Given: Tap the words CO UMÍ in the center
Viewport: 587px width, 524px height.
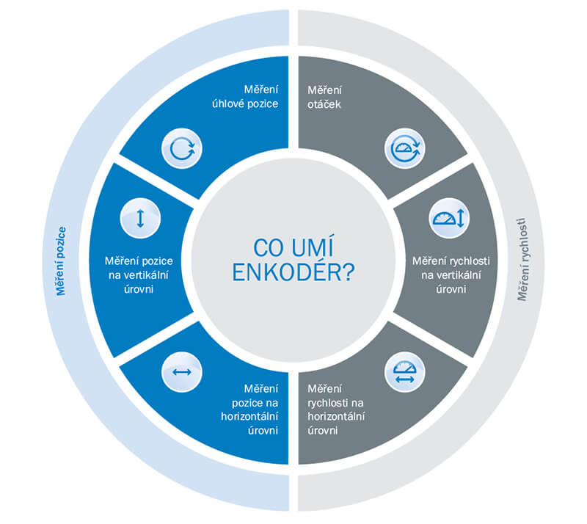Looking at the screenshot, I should (293, 246).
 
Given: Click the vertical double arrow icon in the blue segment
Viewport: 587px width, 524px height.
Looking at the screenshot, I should (139, 219).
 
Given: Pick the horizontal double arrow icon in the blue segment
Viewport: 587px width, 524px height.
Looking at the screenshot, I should (181, 372).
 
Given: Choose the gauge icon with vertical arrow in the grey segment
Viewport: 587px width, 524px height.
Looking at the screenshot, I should (448, 219).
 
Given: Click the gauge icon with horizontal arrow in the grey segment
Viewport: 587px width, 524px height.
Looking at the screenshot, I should (404, 372).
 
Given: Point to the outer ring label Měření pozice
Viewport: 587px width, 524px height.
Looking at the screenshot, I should (60, 261).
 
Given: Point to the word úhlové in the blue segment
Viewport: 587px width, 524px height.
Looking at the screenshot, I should (225, 103).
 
